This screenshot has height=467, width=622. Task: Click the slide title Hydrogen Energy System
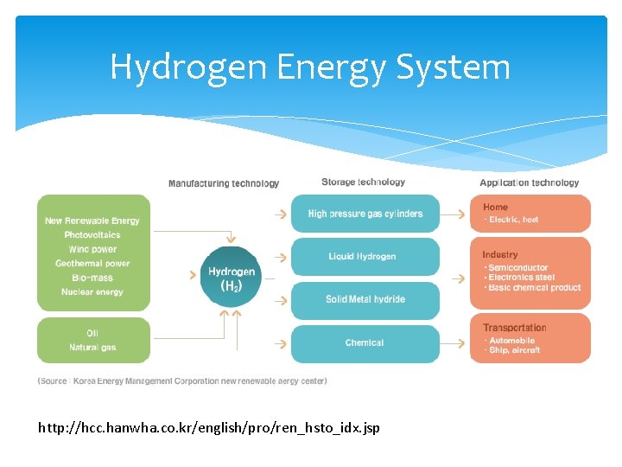tap(310, 67)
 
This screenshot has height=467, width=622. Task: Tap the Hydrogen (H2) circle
tap(232, 277)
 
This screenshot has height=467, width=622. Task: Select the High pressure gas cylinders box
tap(365, 214)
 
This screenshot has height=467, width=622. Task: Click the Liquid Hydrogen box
tap(365, 257)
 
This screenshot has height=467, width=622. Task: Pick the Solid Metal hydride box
tap(365, 299)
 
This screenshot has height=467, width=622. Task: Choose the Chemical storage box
tap(365, 343)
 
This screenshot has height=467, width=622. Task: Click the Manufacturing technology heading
tap(224, 183)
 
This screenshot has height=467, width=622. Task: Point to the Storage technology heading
tap(363, 182)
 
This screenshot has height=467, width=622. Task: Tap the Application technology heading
tap(530, 182)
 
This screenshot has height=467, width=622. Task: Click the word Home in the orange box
tap(496, 208)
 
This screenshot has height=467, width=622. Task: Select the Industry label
tap(500, 255)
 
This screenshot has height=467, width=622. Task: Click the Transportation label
tap(515, 328)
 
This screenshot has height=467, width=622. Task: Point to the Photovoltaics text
tap(92, 235)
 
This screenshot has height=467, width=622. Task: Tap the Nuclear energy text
tap(92, 292)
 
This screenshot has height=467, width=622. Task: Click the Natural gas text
tap(92, 348)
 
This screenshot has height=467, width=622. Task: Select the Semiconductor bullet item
tap(518, 268)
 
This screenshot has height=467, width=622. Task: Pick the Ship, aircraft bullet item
tap(515, 350)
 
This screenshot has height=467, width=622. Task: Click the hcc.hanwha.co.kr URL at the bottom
tap(209, 427)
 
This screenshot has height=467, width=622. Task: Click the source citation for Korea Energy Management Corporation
tap(182, 381)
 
